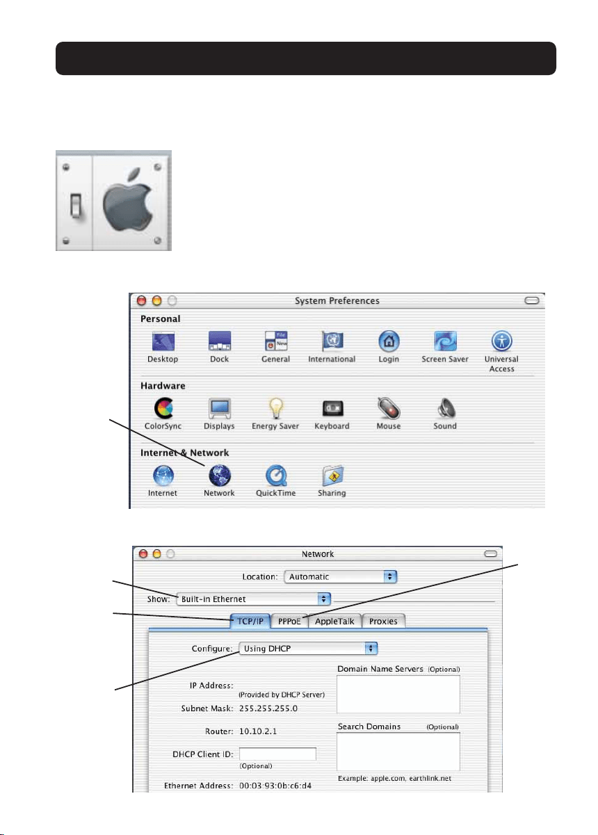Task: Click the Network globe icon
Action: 220,476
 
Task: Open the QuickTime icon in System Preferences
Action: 276,476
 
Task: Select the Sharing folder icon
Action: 332,476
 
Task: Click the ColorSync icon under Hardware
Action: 163,408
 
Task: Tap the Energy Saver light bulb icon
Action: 276,408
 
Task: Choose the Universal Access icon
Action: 501,341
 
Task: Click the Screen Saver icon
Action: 445,341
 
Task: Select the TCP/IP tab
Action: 250,621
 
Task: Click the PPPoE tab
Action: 289,621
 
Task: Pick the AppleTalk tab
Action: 334,621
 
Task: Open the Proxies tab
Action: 383,621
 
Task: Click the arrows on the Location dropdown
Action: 390,576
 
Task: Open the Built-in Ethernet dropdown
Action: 253,599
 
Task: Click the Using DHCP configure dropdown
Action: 308,648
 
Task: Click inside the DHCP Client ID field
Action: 277,754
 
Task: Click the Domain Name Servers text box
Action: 398,694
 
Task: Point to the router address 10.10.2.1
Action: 258,731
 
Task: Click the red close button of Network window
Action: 143,553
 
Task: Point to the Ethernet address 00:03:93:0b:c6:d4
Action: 275,786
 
